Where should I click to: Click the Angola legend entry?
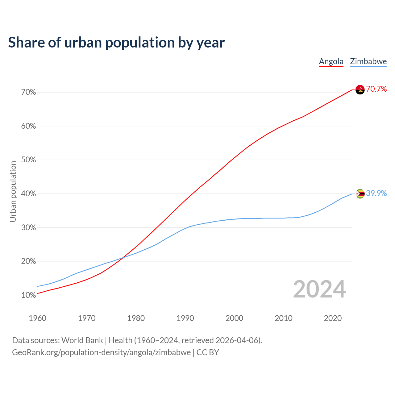pyautogui.click(x=331, y=61)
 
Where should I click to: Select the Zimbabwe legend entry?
pyautogui.click(x=368, y=61)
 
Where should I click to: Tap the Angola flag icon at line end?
pyautogui.click(x=360, y=89)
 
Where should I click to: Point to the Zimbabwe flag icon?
pyautogui.click(x=360, y=194)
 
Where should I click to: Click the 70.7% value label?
pyautogui.click(x=376, y=89)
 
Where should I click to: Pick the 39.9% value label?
pyautogui.click(x=376, y=193)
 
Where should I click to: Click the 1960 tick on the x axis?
pyautogui.click(x=38, y=318)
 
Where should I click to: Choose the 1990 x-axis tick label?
pyautogui.click(x=185, y=318)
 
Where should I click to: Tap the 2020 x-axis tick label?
pyautogui.click(x=333, y=318)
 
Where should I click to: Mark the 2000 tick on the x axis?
pyautogui.click(x=235, y=318)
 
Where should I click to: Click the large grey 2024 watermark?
pyautogui.click(x=319, y=289)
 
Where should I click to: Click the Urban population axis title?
pyautogui.click(x=13, y=191)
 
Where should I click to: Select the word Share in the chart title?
pyautogui.click(x=26, y=43)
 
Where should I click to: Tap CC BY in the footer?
pyautogui.click(x=208, y=352)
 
